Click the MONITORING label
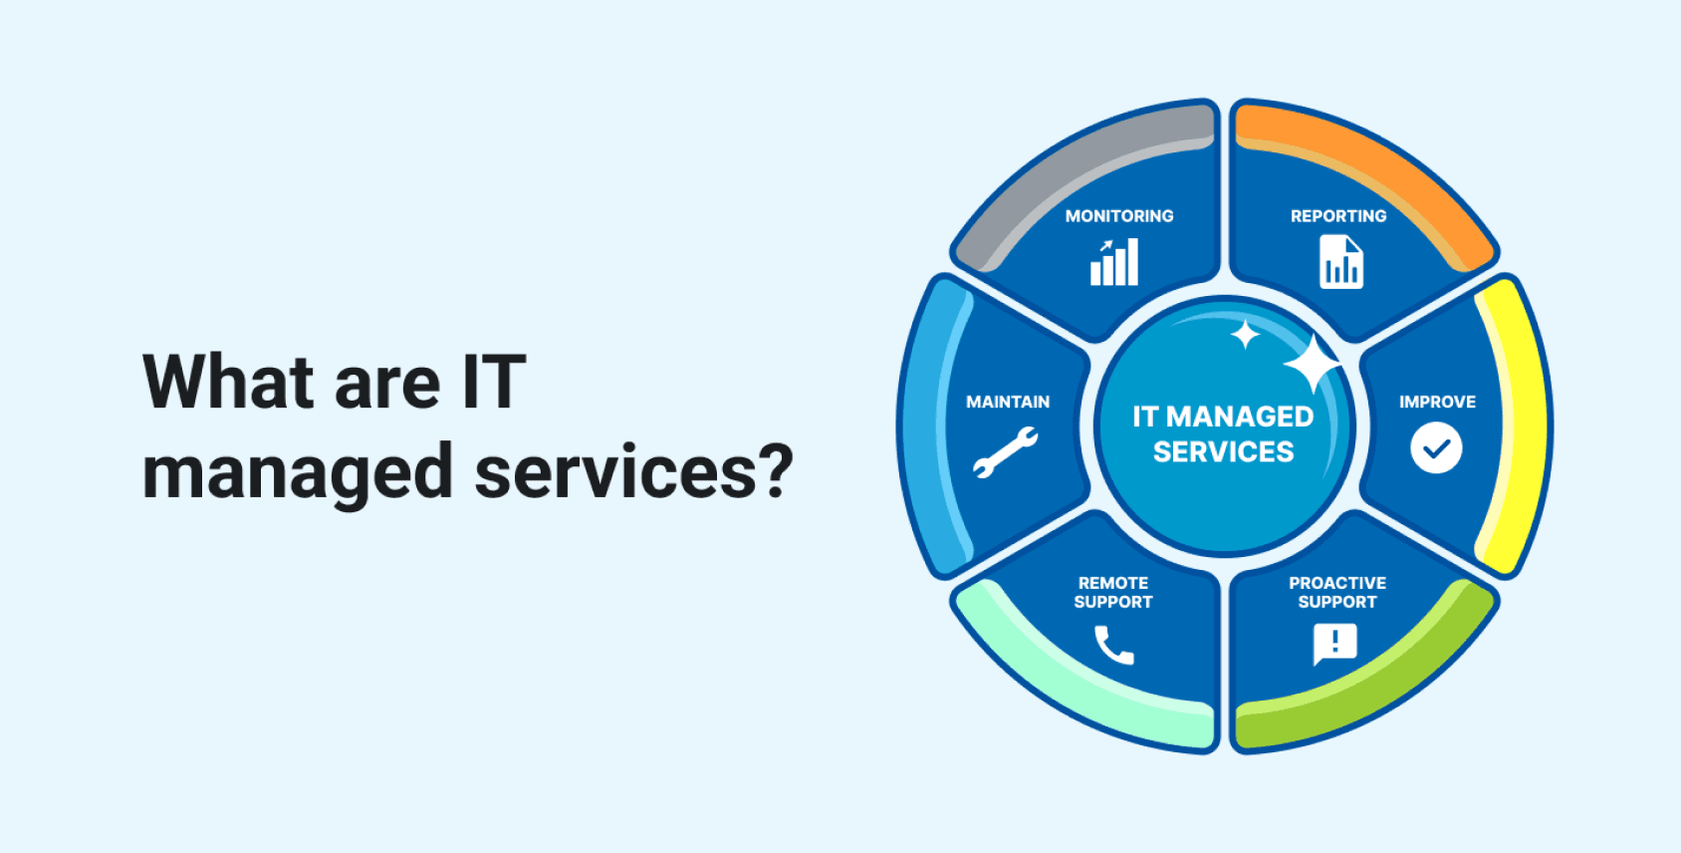click(x=1119, y=216)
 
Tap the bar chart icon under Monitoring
click(x=1114, y=262)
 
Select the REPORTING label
click(x=1338, y=216)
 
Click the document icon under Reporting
click(x=1341, y=261)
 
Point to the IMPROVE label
click(x=1437, y=402)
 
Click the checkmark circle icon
click(x=1436, y=447)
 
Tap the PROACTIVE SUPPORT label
click(x=1337, y=593)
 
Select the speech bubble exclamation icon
click(x=1335, y=645)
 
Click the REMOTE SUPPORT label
click(x=1113, y=593)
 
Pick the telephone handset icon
click(x=1112, y=646)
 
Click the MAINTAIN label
click(x=1007, y=402)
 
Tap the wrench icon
click(x=1006, y=452)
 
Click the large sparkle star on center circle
click(x=1313, y=363)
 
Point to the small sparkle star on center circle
click(x=1245, y=335)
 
